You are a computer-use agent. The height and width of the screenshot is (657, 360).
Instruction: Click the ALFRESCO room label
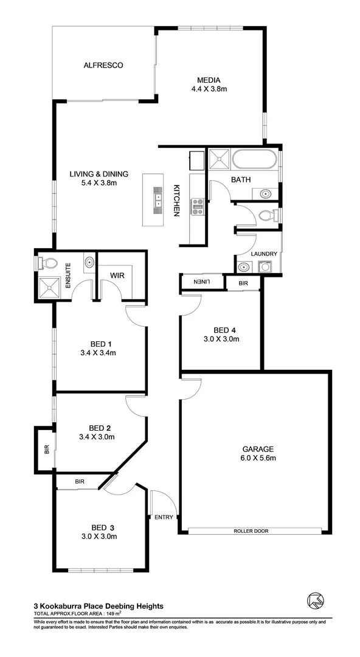click(x=103, y=64)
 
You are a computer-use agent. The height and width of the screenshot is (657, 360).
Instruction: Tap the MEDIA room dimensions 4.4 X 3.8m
click(x=209, y=89)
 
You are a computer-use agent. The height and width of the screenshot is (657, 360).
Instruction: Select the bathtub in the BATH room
click(x=254, y=161)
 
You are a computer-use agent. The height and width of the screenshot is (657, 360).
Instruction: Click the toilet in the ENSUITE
click(x=48, y=263)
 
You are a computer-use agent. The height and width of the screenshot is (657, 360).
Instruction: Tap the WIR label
click(x=117, y=275)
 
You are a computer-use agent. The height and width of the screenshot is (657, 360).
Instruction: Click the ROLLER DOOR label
click(x=251, y=531)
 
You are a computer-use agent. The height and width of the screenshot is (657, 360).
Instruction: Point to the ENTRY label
click(x=164, y=517)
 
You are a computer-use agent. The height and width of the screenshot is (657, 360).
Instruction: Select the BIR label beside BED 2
click(x=46, y=451)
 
